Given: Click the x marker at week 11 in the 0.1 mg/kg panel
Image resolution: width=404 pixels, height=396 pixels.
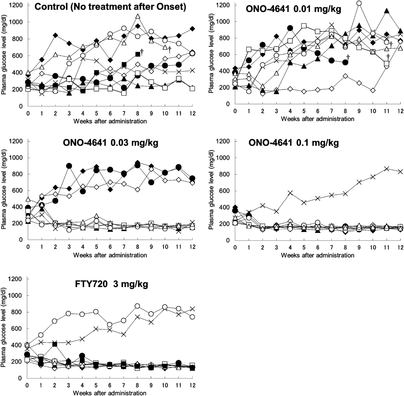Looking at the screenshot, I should pos(386,169).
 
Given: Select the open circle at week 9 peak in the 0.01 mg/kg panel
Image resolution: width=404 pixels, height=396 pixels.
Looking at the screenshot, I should pos(359,3).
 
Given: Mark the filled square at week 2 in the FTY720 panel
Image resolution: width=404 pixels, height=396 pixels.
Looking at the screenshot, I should pos(54,344).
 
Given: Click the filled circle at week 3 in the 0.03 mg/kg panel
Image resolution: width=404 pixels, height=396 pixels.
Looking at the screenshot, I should pos(69,166).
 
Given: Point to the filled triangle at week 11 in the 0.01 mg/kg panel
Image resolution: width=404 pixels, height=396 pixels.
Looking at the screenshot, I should pos(386,11).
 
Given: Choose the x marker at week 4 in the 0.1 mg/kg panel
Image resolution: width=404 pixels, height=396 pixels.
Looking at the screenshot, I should pos(290,193).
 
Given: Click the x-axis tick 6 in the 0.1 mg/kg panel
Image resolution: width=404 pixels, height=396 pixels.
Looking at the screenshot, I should pos(318,247).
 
